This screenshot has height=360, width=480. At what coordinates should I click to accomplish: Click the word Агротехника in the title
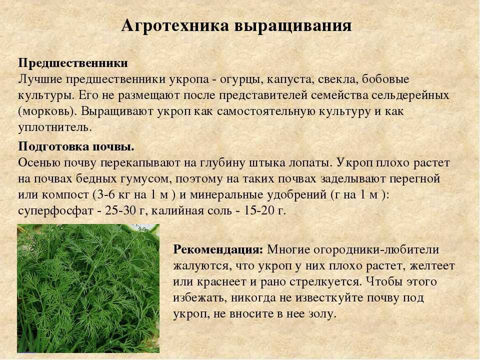[175, 25]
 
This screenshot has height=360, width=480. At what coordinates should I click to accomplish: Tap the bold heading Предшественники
[73, 63]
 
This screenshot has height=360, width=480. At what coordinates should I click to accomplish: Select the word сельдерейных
[410, 95]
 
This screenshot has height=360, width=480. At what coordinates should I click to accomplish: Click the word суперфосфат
[55, 211]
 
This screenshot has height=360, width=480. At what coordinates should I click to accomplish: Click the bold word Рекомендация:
[218, 250]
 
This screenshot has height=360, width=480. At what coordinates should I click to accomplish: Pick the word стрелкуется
[325, 282]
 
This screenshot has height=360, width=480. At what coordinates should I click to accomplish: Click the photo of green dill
[88, 288]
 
